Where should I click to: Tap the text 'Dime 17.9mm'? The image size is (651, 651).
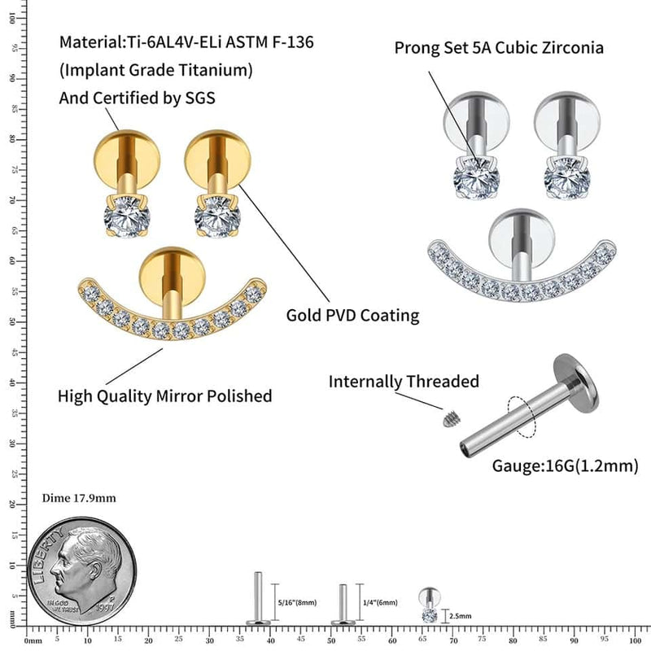pyautogui.click(x=79, y=498)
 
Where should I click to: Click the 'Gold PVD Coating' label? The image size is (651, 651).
pyautogui.click(x=352, y=315)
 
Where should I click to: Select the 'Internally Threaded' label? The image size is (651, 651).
pyautogui.click(x=404, y=381)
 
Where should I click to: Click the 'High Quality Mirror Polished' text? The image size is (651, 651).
pyautogui.click(x=164, y=396)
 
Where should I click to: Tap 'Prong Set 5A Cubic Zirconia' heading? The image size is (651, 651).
pyautogui.click(x=499, y=47)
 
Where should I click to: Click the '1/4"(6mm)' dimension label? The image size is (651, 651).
pyautogui.click(x=380, y=603)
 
